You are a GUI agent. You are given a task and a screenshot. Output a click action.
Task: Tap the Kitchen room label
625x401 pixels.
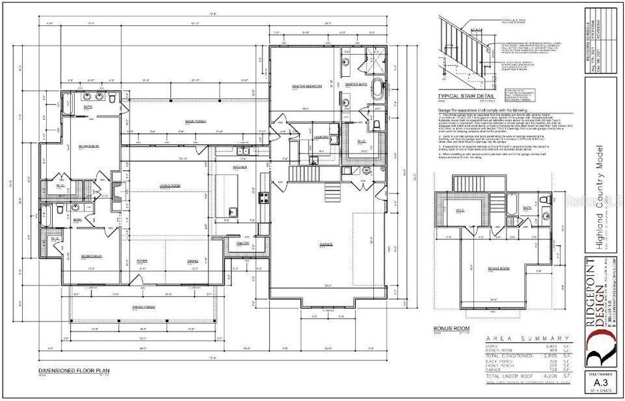tap(240, 166)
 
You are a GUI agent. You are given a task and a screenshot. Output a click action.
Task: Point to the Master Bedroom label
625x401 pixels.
tap(307, 87)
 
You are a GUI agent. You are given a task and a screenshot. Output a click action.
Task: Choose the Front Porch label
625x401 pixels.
tap(143, 307)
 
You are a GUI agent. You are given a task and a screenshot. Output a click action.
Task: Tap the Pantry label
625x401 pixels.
tap(242, 243)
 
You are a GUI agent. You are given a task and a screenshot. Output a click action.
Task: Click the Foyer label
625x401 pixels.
tap(142, 261)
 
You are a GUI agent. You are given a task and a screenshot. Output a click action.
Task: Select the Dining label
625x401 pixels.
tap(193, 261)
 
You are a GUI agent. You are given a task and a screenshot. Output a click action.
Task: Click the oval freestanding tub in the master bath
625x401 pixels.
tap(377, 91)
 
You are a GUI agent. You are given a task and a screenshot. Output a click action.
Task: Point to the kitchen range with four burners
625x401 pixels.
tap(263, 197)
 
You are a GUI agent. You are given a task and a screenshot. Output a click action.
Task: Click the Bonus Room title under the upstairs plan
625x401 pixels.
tap(447, 329)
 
